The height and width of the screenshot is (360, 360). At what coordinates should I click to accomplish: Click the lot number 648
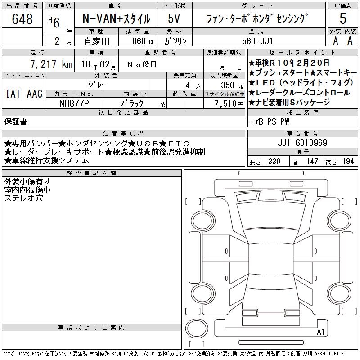coord(22,19)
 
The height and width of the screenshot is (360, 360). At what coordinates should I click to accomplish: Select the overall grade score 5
coord(343,18)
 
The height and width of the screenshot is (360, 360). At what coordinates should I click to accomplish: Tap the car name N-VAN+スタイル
coord(116,19)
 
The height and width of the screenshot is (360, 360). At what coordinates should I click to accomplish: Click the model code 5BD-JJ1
coord(257,41)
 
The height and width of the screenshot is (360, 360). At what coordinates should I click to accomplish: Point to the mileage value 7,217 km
coord(51,64)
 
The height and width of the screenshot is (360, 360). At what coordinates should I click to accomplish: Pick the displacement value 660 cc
coord(143,41)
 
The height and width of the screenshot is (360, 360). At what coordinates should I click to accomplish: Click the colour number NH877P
coord(74,103)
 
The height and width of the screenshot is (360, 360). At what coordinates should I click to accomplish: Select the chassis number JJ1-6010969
coord(302,143)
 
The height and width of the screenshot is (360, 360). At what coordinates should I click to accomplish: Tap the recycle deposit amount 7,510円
coord(229,103)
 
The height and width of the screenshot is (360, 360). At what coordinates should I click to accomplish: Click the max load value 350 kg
coord(232,85)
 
